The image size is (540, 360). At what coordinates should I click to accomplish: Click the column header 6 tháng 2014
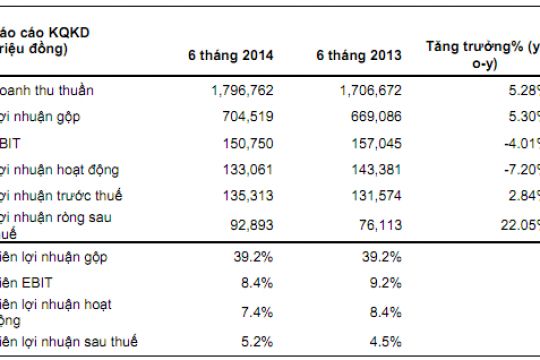[x=231, y=54]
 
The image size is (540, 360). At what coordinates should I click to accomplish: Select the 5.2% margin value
[x=258, y=342]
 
